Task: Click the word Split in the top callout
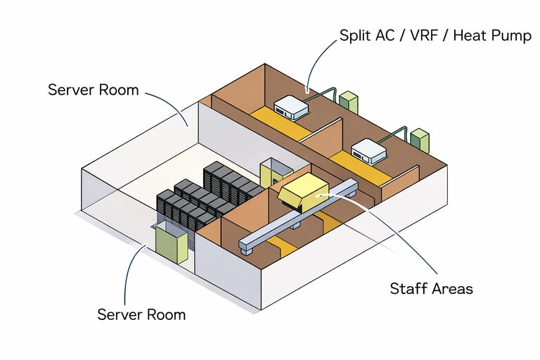click(x=356, y=35)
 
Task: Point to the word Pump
click(x=512, y=35)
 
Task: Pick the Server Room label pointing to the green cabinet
click(x=141, y=314)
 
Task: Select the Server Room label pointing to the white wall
click(x=94, y=90)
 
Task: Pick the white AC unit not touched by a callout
click(x=371, y=150)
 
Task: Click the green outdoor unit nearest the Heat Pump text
click(x=349, y=102)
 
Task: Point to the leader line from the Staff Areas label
click(x=394, y=232)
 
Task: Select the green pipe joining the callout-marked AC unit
click(x=324, y=92)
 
